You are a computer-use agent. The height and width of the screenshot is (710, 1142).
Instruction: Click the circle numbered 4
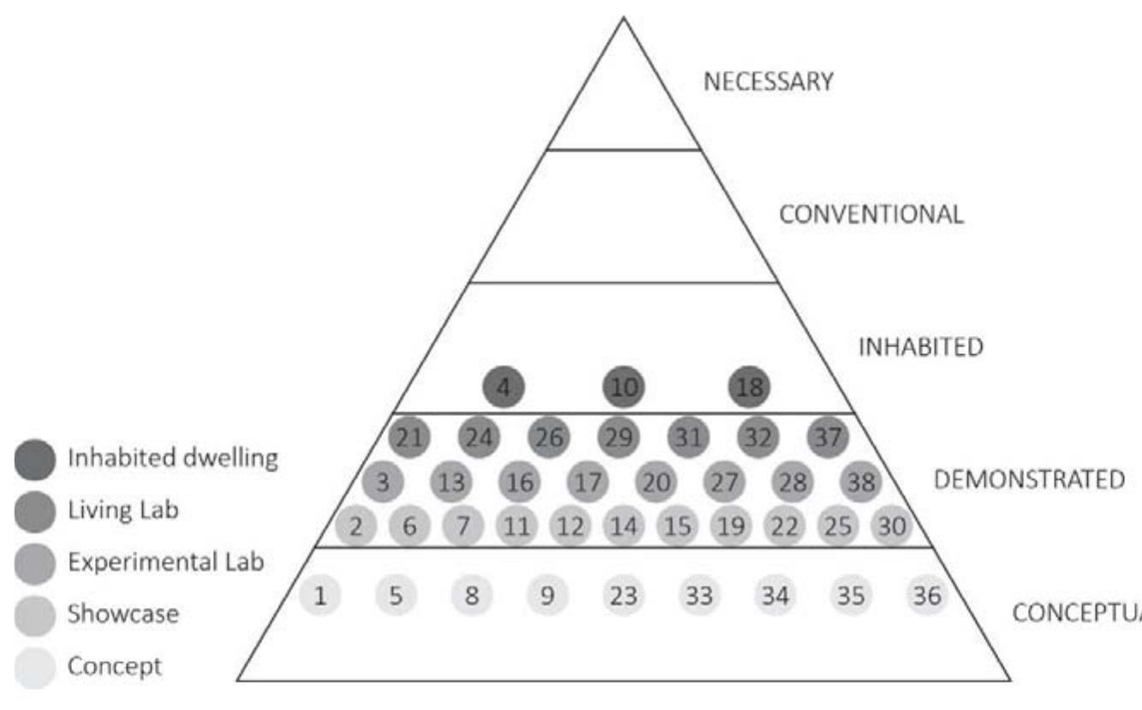tap(504, 388)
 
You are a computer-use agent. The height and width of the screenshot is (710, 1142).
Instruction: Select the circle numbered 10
tap(625, 388)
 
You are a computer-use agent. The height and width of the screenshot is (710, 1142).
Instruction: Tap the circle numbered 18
tap(750, 388)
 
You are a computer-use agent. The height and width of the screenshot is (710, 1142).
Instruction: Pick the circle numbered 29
tap(619, 438)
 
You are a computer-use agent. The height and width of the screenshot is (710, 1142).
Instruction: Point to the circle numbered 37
tap(828, 438)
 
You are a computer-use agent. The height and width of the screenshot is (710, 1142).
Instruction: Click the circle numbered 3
tap(383, 483)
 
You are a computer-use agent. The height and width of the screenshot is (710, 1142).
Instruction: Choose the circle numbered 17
tap(588, 483)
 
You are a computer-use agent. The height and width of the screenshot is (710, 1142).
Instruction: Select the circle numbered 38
tap(862, 483)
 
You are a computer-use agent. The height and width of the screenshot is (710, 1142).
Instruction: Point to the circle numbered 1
tap(320, 596)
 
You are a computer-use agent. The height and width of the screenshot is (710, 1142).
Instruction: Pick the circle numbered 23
tap(624, 596)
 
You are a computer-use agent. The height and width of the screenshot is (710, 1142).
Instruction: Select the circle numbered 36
tap(927, 596)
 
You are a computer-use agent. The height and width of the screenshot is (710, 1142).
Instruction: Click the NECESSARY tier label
tap(768, 81)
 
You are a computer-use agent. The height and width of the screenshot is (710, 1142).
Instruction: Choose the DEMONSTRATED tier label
tap(1028, 479)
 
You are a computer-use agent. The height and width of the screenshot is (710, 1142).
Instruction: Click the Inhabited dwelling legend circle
tap(36, 460)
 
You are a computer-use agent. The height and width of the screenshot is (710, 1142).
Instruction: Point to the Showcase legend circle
tap(36, 615)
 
